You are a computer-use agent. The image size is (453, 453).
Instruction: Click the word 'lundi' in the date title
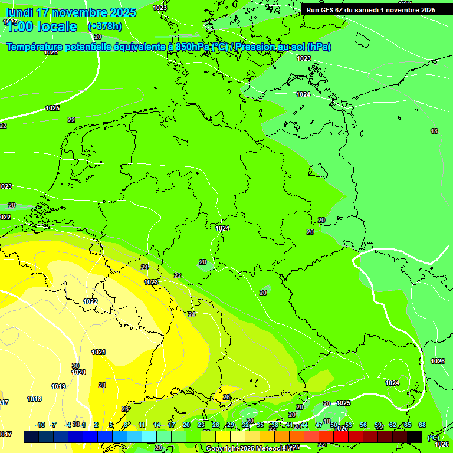coord(19,12)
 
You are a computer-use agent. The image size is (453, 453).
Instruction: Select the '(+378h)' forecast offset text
coord(104,27)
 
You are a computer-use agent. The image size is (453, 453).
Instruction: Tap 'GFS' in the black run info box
coord(329,9)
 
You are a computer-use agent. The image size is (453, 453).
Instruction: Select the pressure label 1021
coord(99,352)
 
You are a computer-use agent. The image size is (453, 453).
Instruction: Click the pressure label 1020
coord(78,372)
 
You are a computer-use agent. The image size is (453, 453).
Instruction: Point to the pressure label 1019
coord(58,386)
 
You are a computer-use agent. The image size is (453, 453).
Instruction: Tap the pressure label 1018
coord(34,399)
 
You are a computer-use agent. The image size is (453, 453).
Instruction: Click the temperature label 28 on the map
coord(102,385)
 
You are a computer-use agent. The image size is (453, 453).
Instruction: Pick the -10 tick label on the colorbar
coord(40,425)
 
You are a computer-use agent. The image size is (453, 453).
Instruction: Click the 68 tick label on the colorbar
coord(422,425)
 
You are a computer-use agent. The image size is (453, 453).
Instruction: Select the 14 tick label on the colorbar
coord(157,425)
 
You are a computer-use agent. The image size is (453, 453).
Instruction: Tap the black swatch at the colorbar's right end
coord(415,436)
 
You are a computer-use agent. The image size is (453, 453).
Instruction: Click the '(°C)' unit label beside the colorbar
coord(432,437)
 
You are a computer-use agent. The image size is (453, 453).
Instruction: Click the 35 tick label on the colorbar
coord(260,425)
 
